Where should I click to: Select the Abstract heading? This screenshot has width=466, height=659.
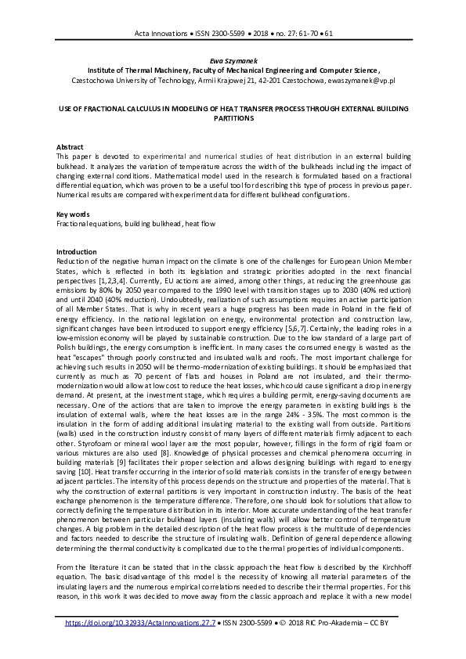[70, 147]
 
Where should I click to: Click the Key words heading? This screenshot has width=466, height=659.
[73, 214]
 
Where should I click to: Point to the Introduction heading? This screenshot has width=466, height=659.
[77, 252]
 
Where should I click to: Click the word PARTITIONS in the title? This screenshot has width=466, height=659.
[233, 118]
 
